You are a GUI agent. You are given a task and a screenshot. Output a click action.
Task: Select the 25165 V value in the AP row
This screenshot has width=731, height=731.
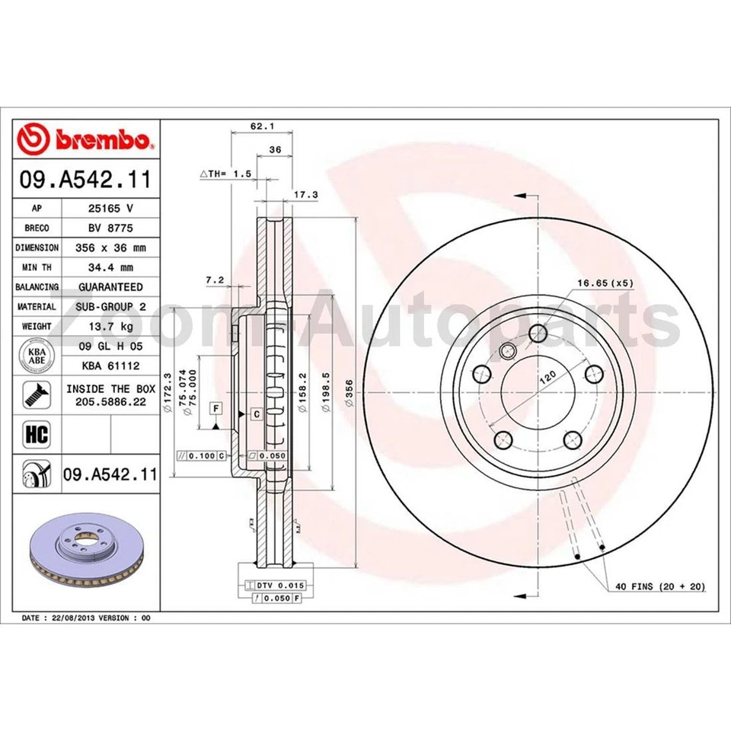point(110,208)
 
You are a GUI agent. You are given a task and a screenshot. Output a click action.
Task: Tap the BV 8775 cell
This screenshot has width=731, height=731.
point(110,228)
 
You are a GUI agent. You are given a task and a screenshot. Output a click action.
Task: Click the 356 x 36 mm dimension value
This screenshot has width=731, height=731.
point(110,247)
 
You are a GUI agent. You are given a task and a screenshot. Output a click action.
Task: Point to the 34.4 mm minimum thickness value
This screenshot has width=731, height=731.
point(110,267)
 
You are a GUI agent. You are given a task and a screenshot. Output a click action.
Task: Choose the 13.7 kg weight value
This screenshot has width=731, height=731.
point(110,327)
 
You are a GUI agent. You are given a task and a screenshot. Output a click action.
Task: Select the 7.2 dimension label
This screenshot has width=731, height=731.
point(215,279)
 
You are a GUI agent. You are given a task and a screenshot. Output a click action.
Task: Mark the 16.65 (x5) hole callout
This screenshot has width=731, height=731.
point(605,283)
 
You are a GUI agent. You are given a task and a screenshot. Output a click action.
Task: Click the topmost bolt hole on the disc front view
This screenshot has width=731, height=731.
point(538,333)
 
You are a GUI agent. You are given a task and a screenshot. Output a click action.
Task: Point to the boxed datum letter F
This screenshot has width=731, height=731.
point(216,409)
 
